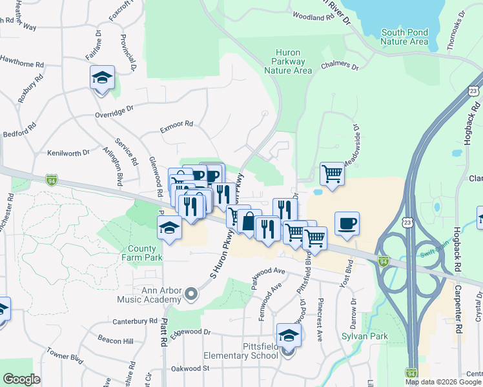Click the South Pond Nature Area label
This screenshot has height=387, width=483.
pos(404,37)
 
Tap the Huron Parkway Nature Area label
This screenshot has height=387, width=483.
pos(288,61)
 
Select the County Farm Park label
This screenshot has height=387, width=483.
pos(141,253)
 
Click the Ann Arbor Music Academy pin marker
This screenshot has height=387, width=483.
pos(190,295)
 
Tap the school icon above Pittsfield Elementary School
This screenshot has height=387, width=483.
pos(288,335)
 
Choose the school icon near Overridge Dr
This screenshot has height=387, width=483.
pos(102,78)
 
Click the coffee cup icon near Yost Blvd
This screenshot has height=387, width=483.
pos(347,223)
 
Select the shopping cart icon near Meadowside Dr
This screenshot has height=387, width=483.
pos(332,174)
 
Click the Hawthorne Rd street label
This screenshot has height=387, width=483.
pos(22,65)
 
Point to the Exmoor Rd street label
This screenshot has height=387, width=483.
pos(176,124)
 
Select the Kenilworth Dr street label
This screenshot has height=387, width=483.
pos(68,154)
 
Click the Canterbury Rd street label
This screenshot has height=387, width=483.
pos(135,321)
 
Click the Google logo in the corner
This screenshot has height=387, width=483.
pos(21,379)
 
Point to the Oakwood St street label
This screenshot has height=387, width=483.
pos(190,368)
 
